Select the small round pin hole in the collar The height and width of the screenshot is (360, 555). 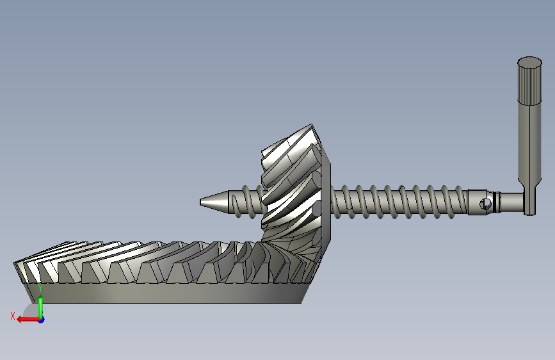coord(485,204)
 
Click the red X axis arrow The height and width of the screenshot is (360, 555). coord(28,320)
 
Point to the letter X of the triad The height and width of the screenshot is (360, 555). coord(13,316)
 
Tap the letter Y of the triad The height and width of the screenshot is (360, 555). coord(40,288)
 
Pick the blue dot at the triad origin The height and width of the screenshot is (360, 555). coord(42,320)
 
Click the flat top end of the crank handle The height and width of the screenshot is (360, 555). coord(529,62)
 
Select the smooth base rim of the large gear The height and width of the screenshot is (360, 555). coord(166,293)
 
